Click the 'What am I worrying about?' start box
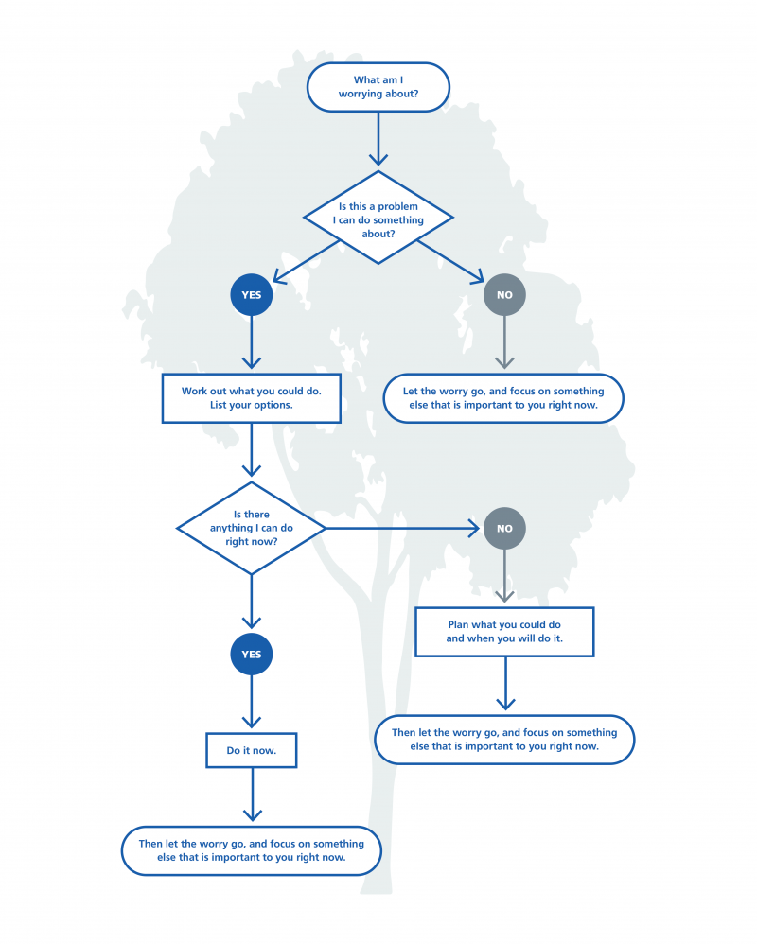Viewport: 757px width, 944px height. pyautogui.click(x=378, y=87)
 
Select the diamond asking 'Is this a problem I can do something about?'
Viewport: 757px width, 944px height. pyautogui.click(x=378, y=218)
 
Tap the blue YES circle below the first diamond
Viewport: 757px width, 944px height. pyautogui.click(x=252, y=295)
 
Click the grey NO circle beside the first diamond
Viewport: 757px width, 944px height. pyautogui.click(x=504, y=295)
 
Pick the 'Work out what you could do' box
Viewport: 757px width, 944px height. pyautogui.click(x=252, y=398)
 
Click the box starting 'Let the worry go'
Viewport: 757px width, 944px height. pyautogui.click(x=503, y=398)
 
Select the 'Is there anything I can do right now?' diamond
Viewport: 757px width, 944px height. pyautogui.click(x=252, y=528)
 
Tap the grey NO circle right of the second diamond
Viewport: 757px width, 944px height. pyautogui.click(x=504, y=529)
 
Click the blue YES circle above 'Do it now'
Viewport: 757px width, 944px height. pyautogui.click(x=252, y=655)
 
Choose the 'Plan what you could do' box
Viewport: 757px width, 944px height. pyautogui.click(x=504, y=632)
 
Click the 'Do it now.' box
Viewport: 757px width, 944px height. pyautogui.click(x=252, y=750)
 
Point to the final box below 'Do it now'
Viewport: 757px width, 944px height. pyautogui.click(x=252, y=850)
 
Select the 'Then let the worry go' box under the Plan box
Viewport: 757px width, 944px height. pyautogui.click(x=504, y=740)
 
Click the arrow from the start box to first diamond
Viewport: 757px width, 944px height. pyautogui.click(x=378, y=138)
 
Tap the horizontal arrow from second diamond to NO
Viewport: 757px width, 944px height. pyautogui.click(x=402, y=528)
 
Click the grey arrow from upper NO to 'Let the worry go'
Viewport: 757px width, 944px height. pyautogui.click(x=504, y=342)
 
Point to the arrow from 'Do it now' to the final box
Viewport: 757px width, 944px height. pyautogui.click(x=253, y=795)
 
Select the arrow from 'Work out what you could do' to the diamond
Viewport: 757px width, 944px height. pyautogui.click(x=252, y=449)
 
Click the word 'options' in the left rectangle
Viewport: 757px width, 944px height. pyautogui.click(x=273, y=405)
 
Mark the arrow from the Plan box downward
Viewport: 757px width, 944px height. pyautogui.click(x=505, y=683)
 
